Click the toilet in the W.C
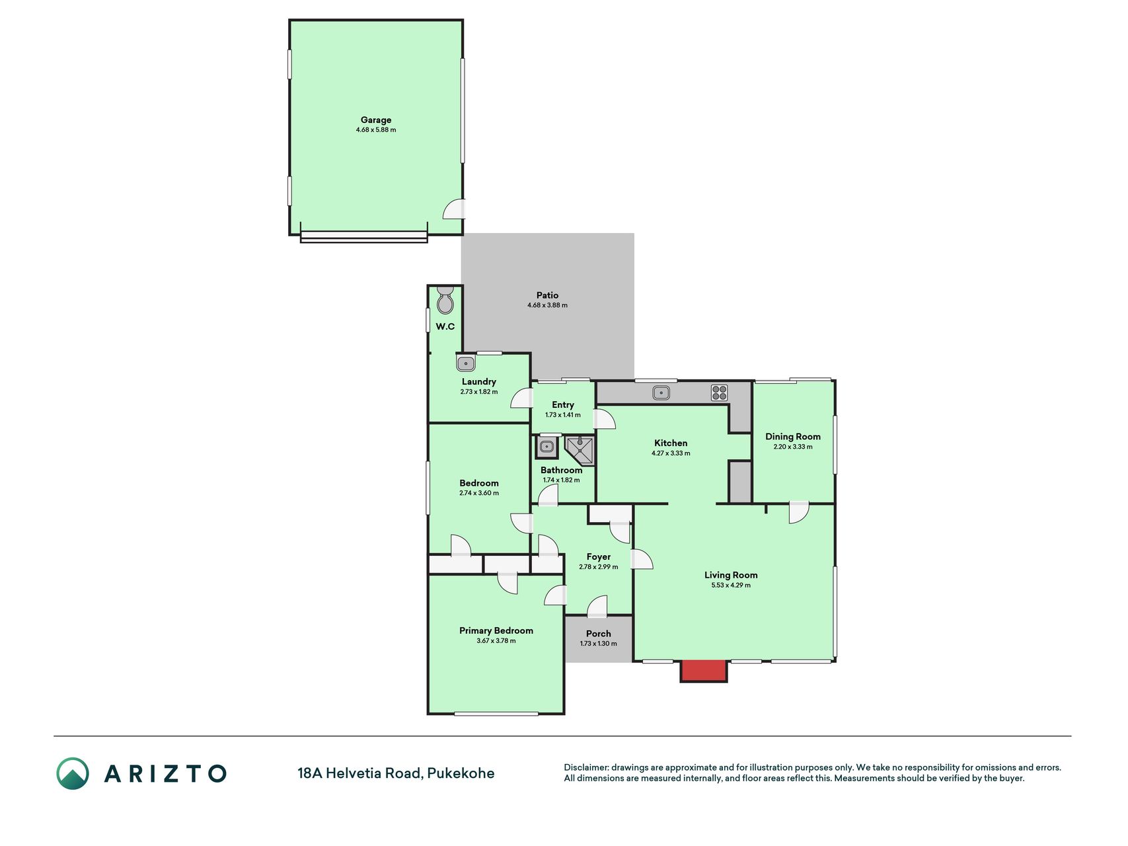(x=445, y=301)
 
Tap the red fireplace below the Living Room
(x=704, y=671)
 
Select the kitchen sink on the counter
(x=661, y=393)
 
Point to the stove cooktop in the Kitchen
(x=720, y=393)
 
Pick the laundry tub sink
(x=466, y=364)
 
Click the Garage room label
(x=376, y=120)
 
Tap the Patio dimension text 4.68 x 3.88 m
(x=547, y=305)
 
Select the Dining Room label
(x=793, y=436)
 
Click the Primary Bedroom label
(x=496, y=631)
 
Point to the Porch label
(x=599, y=633)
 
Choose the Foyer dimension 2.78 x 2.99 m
(x=599, y=567)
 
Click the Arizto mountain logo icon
(x=73, y=773)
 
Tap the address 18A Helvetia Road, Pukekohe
(x=396, y=773)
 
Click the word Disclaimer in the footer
(x=585, y=767)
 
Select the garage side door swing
(x=453, y=209)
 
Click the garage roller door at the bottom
(x=363, y=236)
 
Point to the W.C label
(x=445, y=327)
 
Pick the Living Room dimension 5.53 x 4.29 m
(x=731, y=585)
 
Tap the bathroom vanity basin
(x=546, y=447)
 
